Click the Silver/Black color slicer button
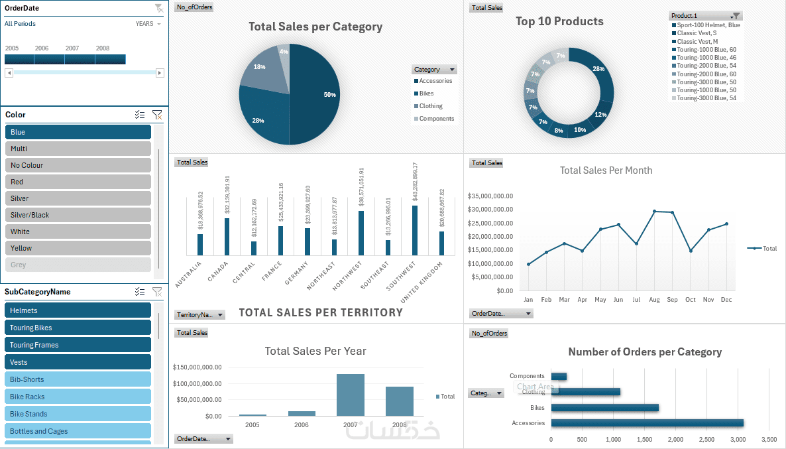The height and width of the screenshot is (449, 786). pos(78,215)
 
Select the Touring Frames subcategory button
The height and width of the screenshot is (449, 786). pos(78,345)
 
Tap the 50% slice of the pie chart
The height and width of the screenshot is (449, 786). pos(318,94)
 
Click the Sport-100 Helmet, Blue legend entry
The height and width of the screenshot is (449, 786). pos(708,25)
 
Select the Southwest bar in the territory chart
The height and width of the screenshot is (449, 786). pos(415,230)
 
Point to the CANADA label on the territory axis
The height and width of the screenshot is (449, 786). pos(219,270)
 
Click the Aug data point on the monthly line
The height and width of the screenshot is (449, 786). pos(655,212)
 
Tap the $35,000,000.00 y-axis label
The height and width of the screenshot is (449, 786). pos(490,196)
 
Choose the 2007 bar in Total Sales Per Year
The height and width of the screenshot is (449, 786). pos(351,395)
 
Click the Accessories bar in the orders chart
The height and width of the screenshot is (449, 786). pos(647,423)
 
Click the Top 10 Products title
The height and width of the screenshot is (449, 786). pos(559,21)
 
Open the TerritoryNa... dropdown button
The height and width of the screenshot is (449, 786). pos(200,315)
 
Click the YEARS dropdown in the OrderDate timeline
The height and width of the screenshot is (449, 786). pos(148,24)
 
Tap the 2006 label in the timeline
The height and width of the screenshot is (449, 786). pos(42,48)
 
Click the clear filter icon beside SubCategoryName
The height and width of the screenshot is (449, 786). pos(157,292)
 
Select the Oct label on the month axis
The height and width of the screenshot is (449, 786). pos(691,300)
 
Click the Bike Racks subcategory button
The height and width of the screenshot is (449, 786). pos(78,397)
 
